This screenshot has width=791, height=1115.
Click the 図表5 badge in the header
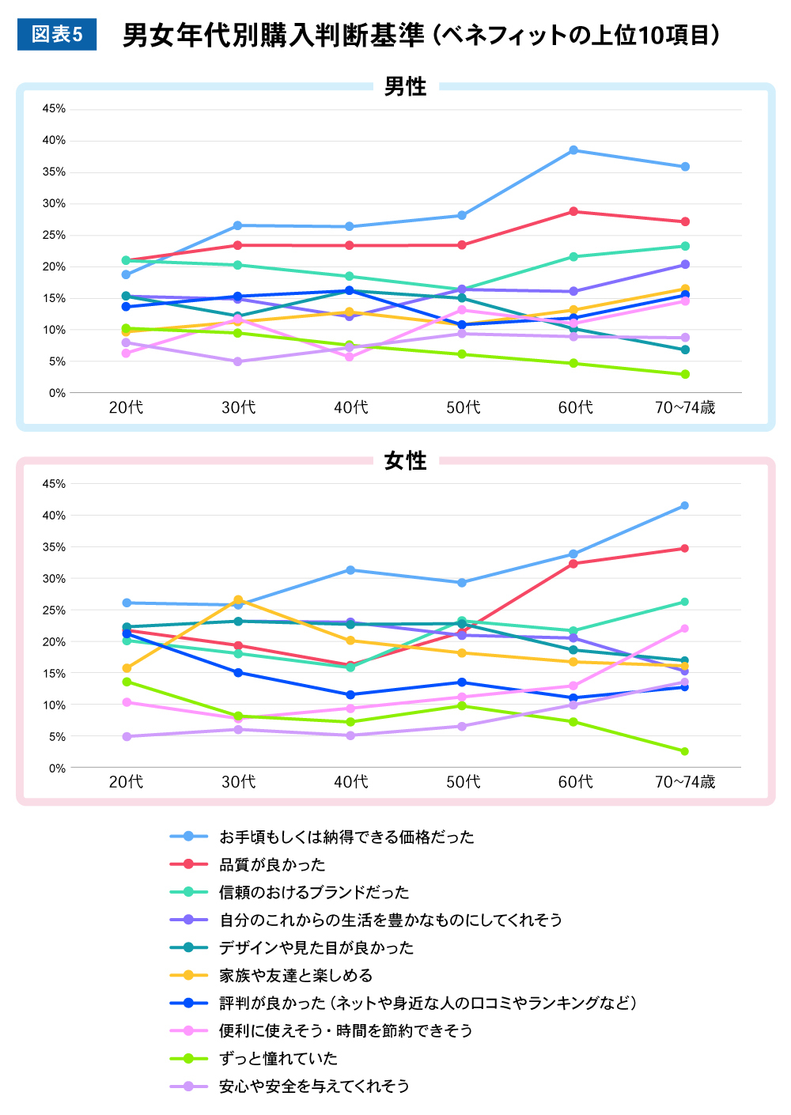tap(57, 35)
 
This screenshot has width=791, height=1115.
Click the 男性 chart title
tap(405, 87)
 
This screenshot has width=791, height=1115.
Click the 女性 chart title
tap(405, 461)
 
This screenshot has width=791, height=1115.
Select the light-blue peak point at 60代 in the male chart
tap(573, 150)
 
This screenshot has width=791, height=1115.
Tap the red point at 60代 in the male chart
tap(573, 212)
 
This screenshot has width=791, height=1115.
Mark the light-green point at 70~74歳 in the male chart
tap(685, 374)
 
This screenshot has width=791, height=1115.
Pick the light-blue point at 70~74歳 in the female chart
tap(684, 506)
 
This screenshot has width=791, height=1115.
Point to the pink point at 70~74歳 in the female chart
tap(684, 629)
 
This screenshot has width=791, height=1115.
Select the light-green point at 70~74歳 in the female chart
tap(684, 751)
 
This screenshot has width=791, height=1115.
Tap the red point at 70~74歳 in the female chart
tap(684, 548)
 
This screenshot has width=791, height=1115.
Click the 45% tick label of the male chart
tap(54, 109)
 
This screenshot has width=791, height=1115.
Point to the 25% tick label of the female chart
tap(54, 610)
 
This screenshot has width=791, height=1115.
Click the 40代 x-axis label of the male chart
tap(350, 408)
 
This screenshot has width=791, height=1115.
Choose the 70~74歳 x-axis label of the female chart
tap(684, 782)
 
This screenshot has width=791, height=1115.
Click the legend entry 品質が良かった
tap(272, 865)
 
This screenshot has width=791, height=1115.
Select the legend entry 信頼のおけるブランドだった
tap(314, 893)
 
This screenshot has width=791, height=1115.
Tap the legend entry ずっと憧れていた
tap(278, 1059)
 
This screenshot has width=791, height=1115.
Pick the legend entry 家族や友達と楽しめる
tap(296, 976)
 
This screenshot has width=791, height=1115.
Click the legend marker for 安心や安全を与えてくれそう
tap(188, 1087)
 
